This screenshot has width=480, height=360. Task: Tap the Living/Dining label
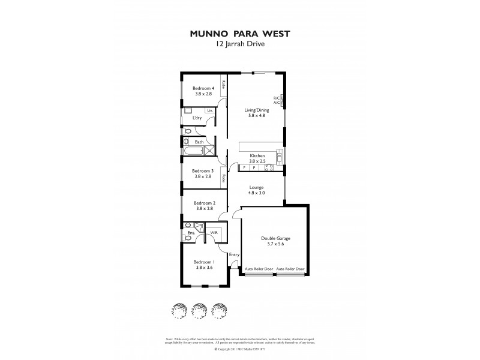point(256,110)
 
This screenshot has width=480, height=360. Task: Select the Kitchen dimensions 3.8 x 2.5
point(257,161)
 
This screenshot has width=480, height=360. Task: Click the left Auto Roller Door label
point(259,269)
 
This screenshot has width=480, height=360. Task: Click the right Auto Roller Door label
point(291,269)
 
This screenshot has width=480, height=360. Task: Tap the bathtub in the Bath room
point(194,150)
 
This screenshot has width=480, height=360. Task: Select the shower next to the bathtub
point(209,150)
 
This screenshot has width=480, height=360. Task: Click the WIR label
point(213,232)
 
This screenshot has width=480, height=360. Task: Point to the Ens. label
point(190,232)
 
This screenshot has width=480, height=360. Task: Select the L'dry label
point(197,118)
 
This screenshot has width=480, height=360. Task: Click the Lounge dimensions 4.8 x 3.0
point(257,193)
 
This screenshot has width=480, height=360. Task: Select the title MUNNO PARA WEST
point(239,34)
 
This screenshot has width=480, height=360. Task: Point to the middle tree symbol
point(199,310)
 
